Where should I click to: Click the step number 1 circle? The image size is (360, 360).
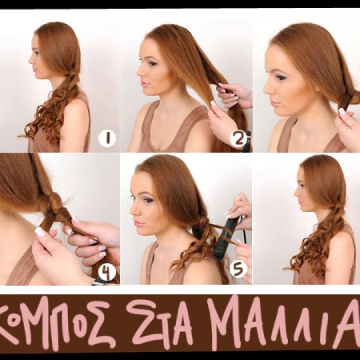click(107, 138)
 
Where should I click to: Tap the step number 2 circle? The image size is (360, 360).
click(239, 138)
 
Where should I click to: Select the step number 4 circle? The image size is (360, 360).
click(107, 273)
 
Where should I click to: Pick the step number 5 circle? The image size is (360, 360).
click(238, 269)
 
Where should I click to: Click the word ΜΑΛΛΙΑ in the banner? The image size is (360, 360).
click(283, 323)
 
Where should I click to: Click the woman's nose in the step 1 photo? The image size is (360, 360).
click(30, 61)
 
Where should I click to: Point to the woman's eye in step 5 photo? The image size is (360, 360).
click(146, 200)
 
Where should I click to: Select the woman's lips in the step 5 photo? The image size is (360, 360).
click(138, 223)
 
